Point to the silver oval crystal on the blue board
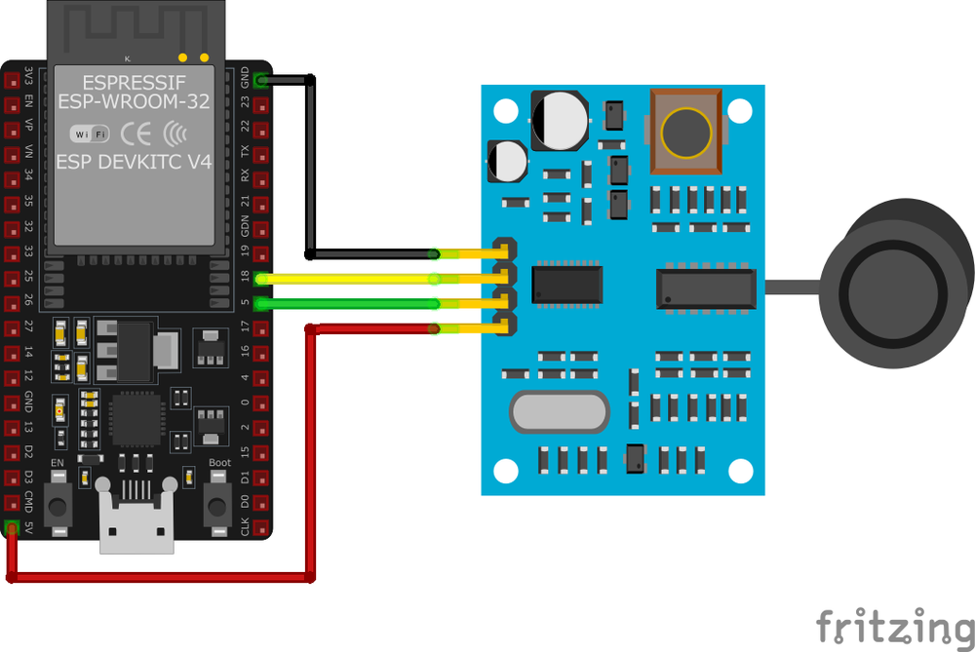point(558,412)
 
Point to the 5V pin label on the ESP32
point(29,528)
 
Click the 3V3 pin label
point(29,79)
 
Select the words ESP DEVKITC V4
point(134,163)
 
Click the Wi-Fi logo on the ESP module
point(90,133)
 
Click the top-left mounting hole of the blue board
point(504,110)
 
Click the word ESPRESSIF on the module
point(134,80)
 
